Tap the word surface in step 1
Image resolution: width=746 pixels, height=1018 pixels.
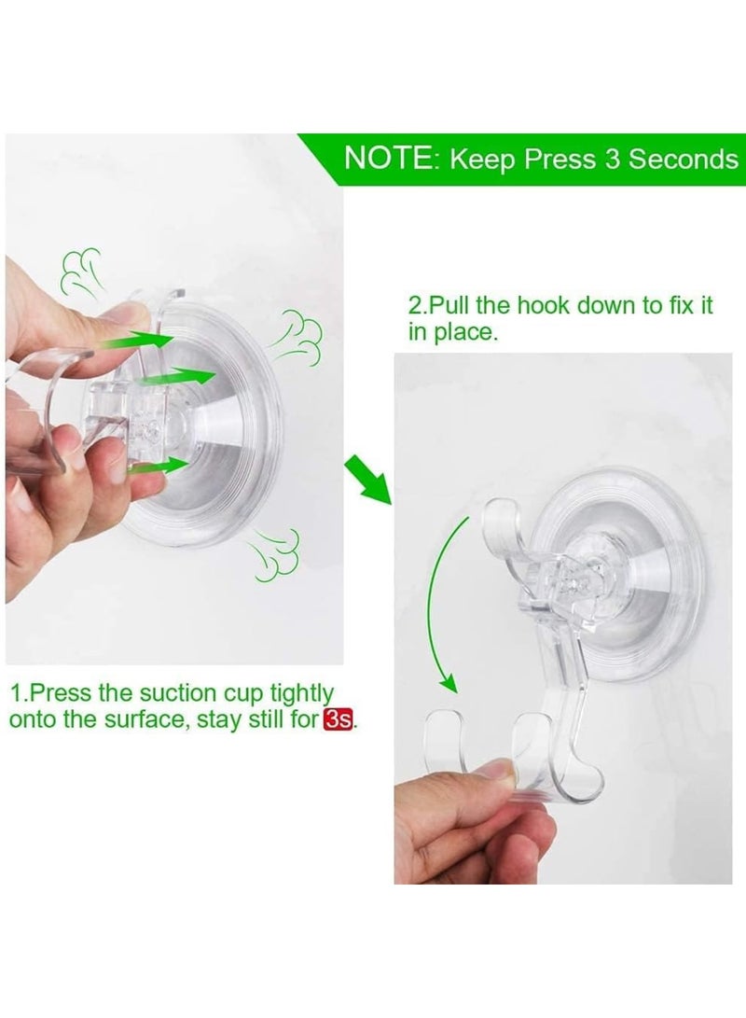click(162, 720)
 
